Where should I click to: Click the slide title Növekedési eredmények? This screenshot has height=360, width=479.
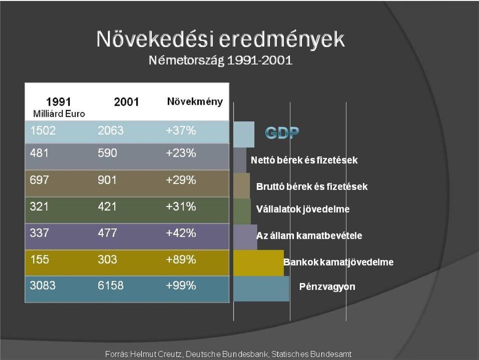(221, 39)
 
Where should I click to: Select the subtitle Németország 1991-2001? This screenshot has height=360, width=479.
(221, 60)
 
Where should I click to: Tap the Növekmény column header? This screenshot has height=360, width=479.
(195, 102)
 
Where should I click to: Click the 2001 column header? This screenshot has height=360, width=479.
(126, 102)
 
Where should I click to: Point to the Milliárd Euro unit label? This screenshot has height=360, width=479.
(59, 114)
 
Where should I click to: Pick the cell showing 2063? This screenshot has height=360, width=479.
(111, 131)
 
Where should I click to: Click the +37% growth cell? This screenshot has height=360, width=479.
(181, 131)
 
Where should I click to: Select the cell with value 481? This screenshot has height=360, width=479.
(39, 153)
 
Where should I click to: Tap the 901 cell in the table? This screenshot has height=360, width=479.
(107, 180)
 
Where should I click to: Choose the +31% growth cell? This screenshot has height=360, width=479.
(181, 207)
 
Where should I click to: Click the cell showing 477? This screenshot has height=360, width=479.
(107, 233)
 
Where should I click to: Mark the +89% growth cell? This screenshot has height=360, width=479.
(181, 260)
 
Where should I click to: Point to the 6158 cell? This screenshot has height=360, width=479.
(111, 286)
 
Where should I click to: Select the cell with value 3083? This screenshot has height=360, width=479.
(43, 286)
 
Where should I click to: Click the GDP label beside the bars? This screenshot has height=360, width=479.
(282, 133)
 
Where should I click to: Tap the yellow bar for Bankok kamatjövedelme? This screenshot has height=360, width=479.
(258, 263)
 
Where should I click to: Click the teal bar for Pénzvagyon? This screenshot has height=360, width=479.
(261, 289)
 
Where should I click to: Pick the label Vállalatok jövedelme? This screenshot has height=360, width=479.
(303, 209)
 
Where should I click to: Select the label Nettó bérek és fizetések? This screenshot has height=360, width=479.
(304, 160)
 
